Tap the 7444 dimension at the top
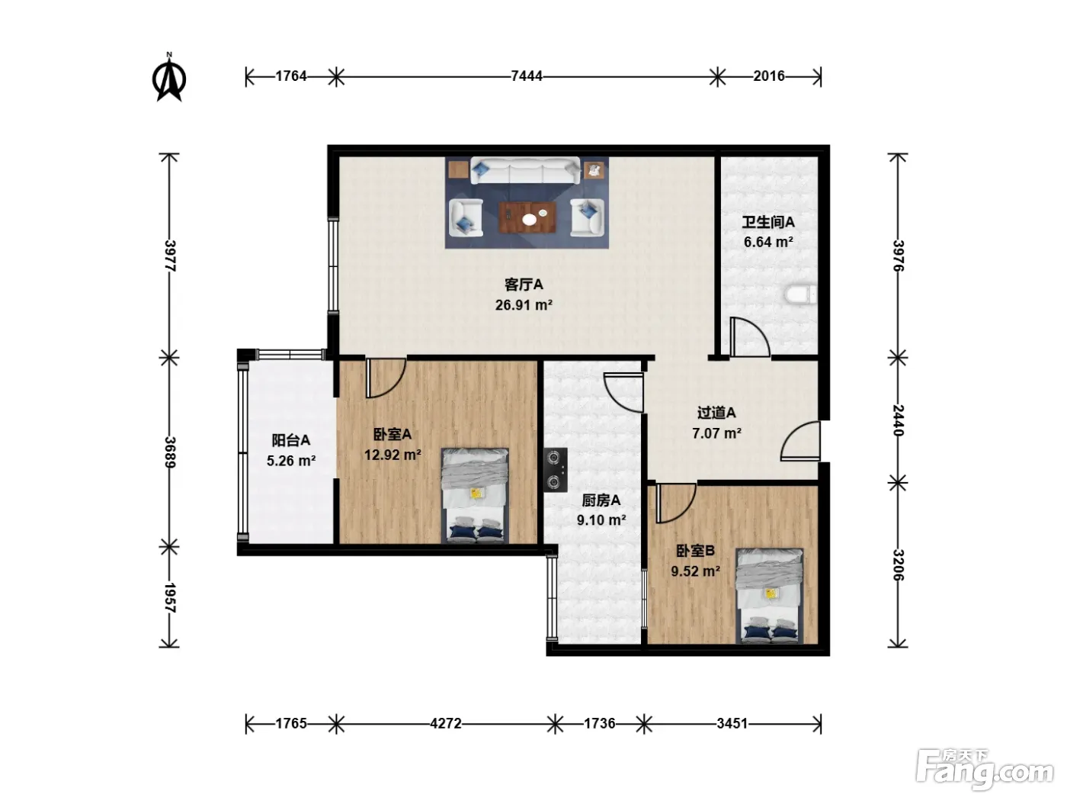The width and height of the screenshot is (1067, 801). tap(527, 76)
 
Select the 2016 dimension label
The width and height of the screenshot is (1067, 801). tap(768, 76)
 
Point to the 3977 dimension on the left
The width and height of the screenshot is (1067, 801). tap(170, 256)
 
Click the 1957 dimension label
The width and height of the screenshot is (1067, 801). tap(170, 598)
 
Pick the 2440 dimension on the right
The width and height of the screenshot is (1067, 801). tap(898, 420)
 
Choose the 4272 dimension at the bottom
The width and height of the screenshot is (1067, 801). tap(445, 724)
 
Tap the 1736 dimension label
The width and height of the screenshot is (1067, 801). tap(599, 724)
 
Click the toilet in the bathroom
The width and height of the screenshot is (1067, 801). tap(800, 294)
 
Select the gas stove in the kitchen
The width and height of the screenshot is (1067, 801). tap(556, 470)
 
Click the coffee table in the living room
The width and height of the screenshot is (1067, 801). tap(527, 217)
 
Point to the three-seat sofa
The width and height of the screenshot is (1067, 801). tap(525, 170)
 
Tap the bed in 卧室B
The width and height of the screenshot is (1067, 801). tap(770, 596)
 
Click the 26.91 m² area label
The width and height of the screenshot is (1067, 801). tap(524, 305)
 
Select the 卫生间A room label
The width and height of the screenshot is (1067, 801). tap(768, 222)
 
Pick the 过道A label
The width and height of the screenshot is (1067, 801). tap(716, 413)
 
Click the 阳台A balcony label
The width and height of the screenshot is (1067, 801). tap(290, 440)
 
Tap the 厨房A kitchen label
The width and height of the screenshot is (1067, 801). tap(601, 500)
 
